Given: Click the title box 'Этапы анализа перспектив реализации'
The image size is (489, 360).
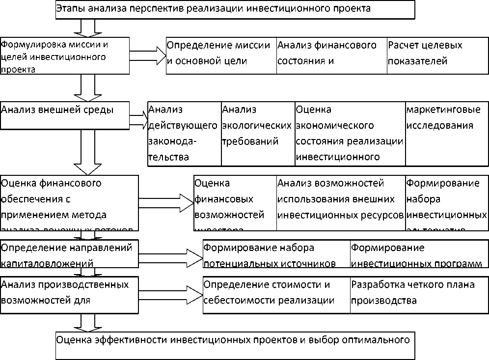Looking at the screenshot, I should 235,9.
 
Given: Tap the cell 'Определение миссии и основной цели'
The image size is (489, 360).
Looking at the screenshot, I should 221,55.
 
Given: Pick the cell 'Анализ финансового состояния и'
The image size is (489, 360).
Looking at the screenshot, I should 331,55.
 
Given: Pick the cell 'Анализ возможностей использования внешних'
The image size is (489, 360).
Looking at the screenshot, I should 341,202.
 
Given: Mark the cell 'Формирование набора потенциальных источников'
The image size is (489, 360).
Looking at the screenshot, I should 276,253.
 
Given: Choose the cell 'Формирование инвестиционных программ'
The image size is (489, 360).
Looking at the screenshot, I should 419,253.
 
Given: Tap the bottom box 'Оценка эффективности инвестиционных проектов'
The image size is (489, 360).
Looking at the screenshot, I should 235,345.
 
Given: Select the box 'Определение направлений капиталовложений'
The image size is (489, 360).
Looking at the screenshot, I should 69,253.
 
